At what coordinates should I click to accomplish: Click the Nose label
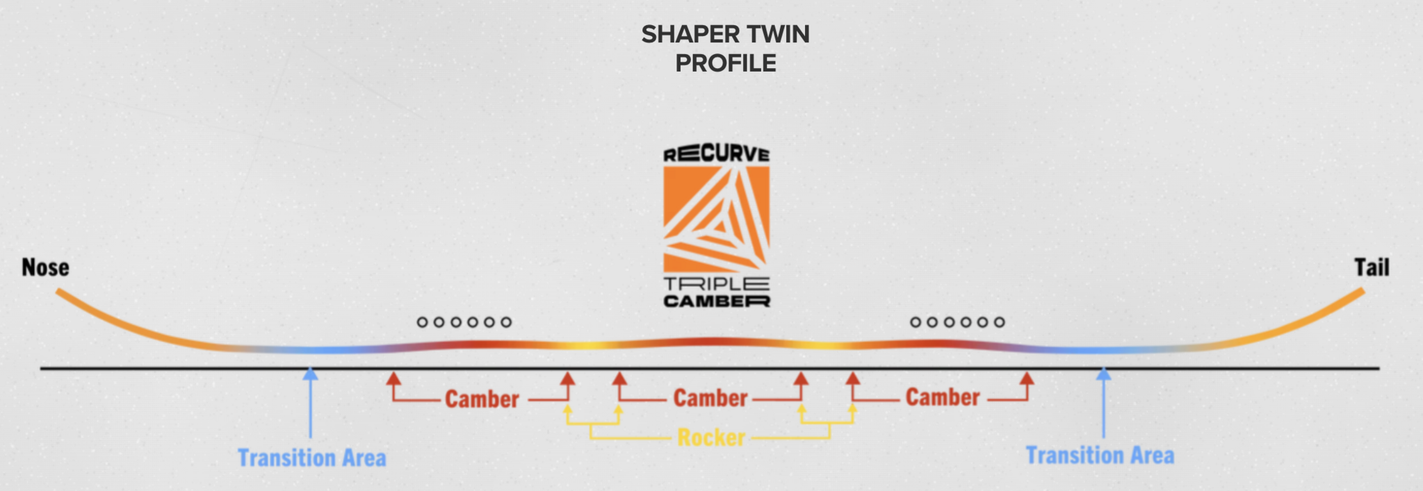45,267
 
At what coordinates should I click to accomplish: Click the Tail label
1372,267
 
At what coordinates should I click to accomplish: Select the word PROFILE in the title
726,63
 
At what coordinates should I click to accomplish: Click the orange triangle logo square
716,219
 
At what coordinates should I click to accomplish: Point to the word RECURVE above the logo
716,154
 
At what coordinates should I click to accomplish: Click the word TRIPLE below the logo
716,283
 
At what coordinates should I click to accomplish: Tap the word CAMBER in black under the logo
716,301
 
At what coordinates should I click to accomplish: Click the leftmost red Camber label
482,399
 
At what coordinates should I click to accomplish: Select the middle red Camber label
710,398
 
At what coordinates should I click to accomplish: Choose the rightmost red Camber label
943,397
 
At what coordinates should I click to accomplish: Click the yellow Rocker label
711,438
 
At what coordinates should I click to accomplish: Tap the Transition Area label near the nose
312,458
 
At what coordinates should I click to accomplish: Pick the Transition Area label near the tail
1100,456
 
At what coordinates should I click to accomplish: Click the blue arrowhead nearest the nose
311,374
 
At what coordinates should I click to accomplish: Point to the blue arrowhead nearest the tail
1103,374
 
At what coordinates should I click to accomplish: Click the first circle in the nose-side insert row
422,322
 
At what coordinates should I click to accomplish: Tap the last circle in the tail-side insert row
999,322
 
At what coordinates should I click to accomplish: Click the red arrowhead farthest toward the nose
393,378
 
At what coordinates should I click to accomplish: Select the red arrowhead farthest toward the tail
1027,378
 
